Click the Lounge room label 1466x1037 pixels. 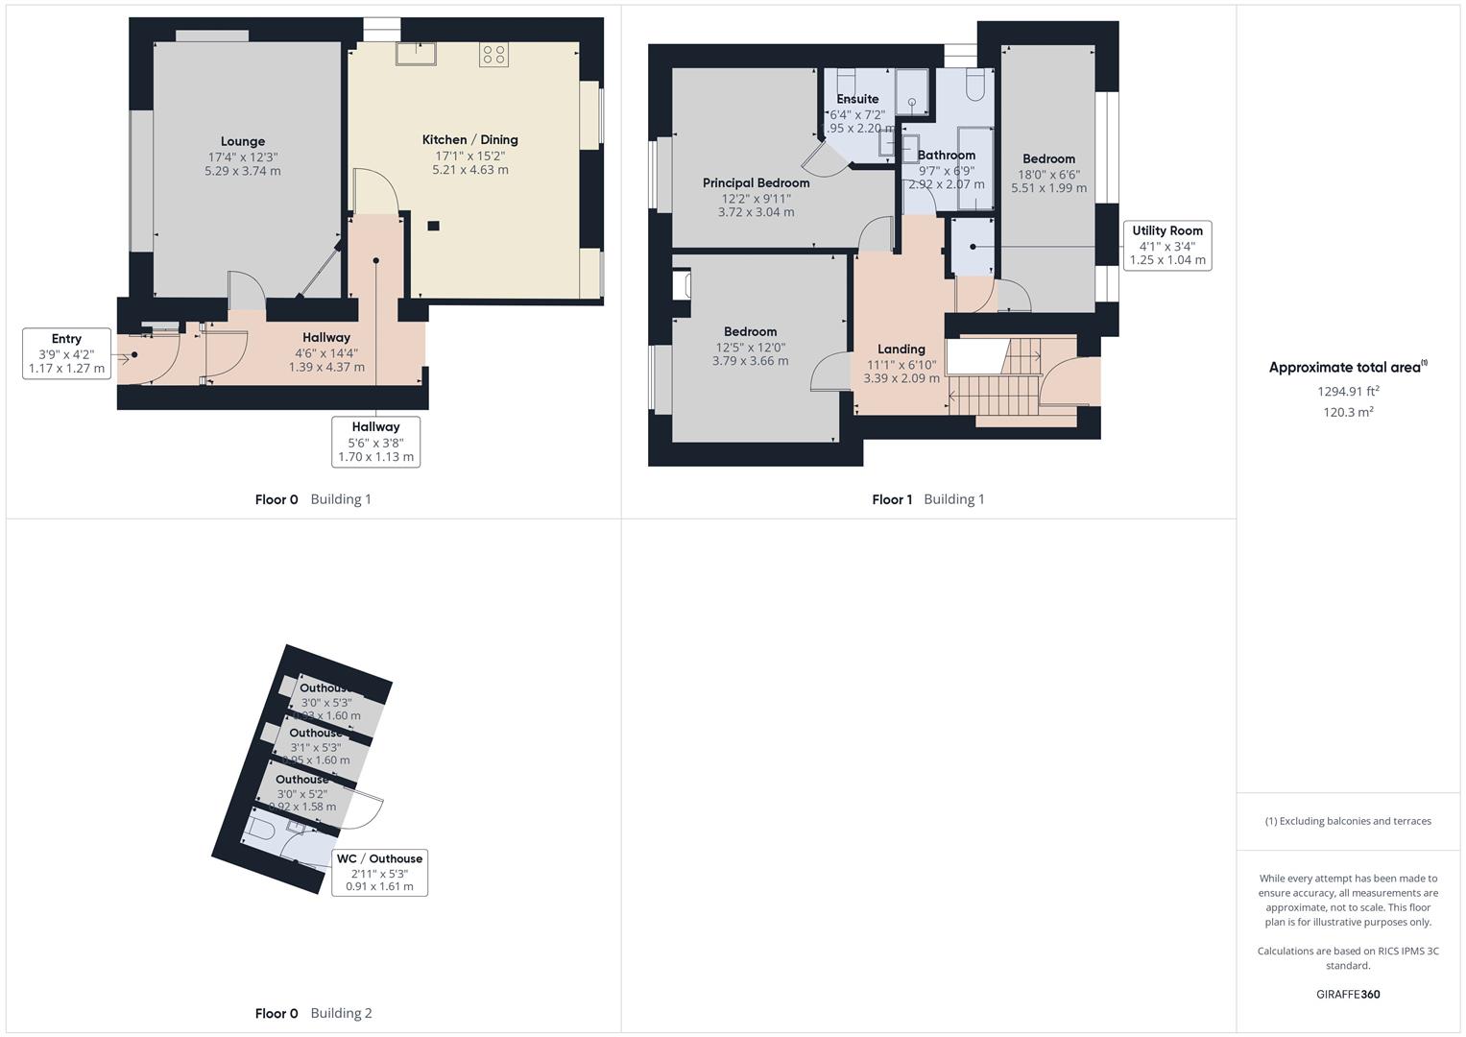(242, 141)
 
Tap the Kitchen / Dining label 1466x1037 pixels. (469, 140)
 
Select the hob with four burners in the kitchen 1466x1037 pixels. (494, 55)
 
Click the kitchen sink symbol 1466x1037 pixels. (416, 54)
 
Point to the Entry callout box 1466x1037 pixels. (66, 353)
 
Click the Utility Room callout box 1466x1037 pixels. (1166, 246)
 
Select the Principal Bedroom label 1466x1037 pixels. (756, 183)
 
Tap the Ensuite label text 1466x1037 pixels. (857, 99)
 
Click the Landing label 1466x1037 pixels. (901, 350)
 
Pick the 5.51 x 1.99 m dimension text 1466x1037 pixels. (1048, 188)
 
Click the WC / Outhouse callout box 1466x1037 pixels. (379, 873)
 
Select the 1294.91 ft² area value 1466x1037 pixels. (1348, 392)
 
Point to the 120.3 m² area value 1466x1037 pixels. (1348, 413)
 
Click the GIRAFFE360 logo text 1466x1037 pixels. (1348, 995)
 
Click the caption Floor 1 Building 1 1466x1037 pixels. (927, 499)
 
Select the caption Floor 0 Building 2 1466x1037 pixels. (313, 1013)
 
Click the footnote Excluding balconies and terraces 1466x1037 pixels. (1348, 821)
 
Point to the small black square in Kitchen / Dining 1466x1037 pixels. (434, 227)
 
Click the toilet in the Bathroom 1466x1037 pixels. (974, 86)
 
